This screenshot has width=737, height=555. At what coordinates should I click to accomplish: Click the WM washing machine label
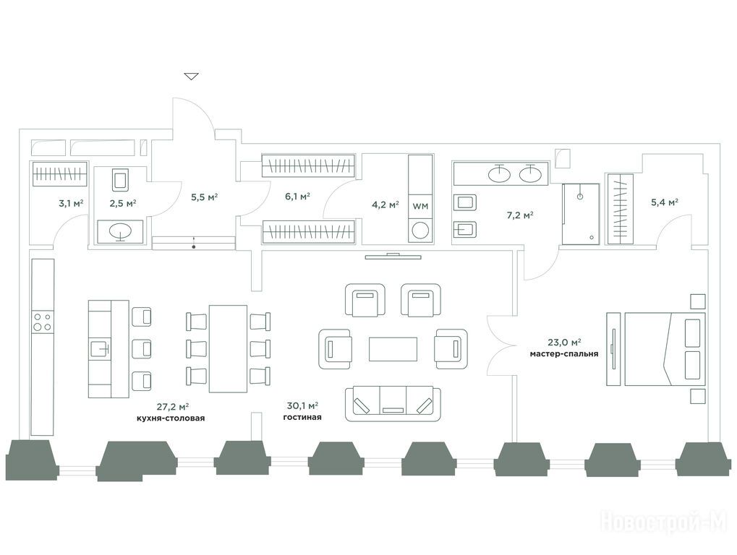419,205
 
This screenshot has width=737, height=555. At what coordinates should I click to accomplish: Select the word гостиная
303,418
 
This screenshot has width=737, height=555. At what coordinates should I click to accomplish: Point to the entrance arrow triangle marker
191,76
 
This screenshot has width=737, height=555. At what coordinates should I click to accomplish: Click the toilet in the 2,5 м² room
120,180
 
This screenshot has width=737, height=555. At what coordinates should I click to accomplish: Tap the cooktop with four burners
42,321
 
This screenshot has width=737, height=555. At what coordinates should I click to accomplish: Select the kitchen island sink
100,349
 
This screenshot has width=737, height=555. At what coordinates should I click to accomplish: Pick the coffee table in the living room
393,349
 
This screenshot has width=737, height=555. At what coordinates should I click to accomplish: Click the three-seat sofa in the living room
393,403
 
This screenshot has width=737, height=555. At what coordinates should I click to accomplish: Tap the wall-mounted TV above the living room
393,255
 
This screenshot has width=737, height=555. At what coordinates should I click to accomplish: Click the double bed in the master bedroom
664,349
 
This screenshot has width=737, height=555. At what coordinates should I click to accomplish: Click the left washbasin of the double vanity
498,173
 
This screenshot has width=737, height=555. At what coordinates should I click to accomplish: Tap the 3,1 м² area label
71,204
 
